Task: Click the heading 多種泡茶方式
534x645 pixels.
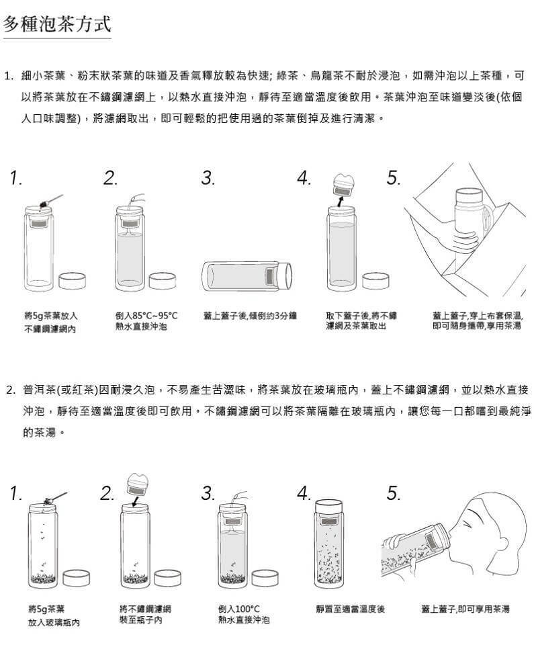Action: tap(57, 24)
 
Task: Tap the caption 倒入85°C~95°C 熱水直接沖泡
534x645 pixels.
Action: tap(146, 321)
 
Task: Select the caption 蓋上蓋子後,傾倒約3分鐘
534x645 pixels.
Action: tap(250, 316)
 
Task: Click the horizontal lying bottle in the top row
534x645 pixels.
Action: tap(247, 275)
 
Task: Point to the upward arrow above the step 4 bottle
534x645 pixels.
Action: tap(341, 201)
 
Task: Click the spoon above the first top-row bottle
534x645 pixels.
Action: tap(51, 200)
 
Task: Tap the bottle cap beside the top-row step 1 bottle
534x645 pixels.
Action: tap(72, 280)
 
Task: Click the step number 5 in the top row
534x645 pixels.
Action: tap(394, 177)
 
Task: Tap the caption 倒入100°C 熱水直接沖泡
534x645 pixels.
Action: tap(244, 614)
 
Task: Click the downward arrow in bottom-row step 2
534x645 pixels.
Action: tap(135, 501)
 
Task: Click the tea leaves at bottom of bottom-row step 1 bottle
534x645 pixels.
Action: tap(43, 578)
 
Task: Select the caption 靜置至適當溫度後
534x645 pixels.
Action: tap(351, 609)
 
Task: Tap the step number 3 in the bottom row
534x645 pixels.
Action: tap(208, 492)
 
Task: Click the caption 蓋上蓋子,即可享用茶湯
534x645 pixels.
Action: tap(465, 609)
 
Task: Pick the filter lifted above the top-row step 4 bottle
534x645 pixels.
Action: tap(343, 185)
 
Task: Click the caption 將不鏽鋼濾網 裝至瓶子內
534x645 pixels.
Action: tap(145, 614)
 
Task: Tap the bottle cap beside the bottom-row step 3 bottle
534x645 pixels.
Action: tap(265, 578)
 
